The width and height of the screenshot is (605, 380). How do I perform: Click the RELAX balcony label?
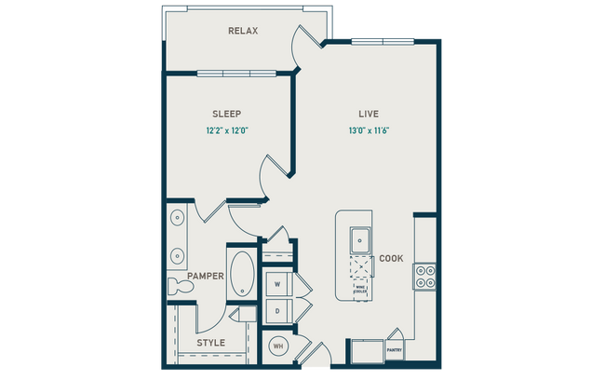pos(243,31)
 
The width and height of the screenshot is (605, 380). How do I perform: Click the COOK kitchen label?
pos(391,258)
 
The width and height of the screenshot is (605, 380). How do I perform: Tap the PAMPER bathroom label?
pos(203,277)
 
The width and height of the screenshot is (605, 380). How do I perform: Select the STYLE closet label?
pos(210,343)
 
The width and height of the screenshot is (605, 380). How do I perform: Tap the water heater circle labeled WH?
pos(277,346)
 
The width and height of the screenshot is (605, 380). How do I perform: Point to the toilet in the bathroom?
pos(180,288)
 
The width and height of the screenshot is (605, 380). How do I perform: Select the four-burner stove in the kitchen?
pos(424,276)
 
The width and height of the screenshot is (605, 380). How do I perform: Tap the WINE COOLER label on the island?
pos(358,289)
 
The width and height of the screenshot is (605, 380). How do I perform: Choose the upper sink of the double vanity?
pos(177,220)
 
